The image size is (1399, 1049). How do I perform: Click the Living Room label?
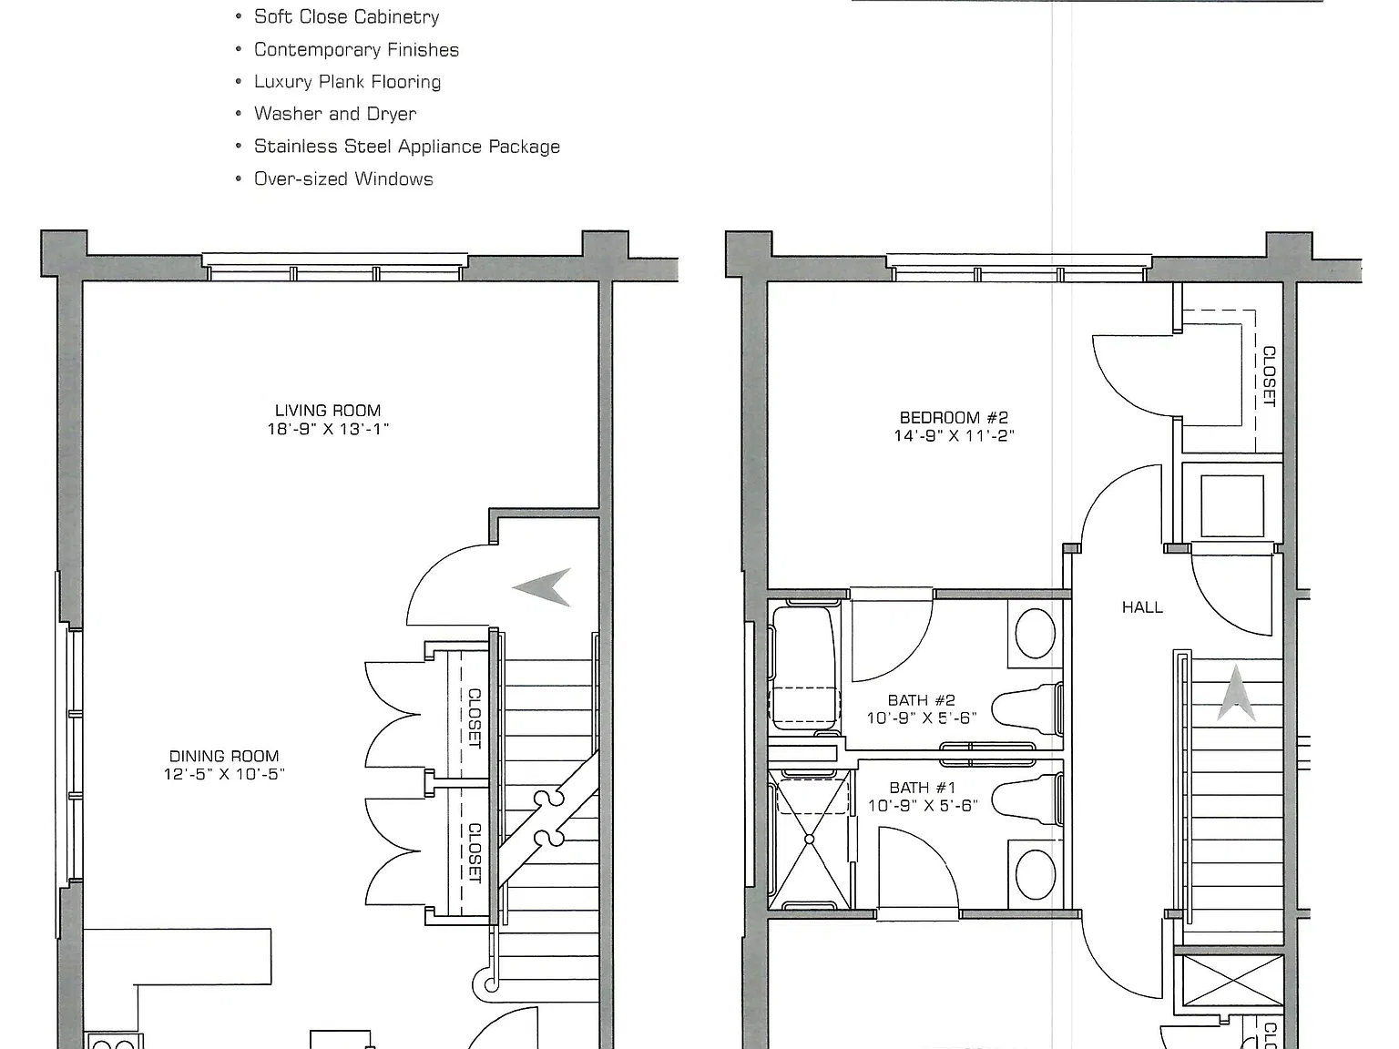328,411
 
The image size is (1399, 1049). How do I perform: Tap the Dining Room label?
224,756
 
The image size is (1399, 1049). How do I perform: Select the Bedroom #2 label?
954,418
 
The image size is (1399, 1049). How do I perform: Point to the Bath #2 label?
922,700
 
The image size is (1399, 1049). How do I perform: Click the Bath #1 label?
923,788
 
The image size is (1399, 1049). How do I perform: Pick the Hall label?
1142,607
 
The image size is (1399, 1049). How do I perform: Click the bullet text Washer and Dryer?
335,114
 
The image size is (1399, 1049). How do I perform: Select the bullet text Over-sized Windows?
343,179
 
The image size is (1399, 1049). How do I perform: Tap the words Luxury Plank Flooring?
347,82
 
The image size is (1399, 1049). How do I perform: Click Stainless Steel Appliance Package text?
407,147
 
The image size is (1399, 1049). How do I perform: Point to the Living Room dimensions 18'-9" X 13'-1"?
328,429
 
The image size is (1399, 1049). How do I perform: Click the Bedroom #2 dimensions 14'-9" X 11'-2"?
954,436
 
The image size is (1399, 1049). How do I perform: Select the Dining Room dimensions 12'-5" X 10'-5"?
224,775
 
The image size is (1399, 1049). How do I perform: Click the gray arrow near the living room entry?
542,587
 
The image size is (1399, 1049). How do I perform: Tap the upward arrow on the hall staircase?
1237,694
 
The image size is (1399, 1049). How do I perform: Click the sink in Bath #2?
1035,634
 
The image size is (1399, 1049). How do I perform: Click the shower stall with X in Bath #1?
810,840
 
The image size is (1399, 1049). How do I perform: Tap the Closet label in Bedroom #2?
1269,376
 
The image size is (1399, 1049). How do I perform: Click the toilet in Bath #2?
1027,708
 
